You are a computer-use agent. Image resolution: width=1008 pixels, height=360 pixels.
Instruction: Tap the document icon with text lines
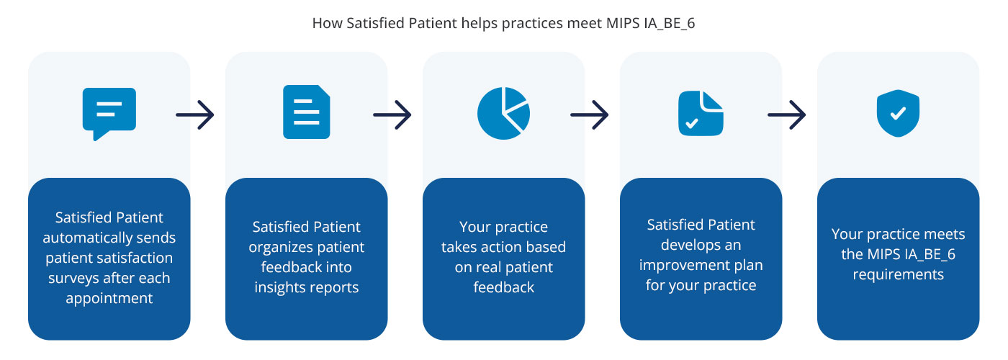click(x=306, y=112)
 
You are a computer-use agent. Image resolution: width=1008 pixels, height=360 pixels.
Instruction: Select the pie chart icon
click(x=503, y=113)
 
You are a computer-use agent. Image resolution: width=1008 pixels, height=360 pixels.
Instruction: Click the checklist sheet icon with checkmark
click(x=701, y=113)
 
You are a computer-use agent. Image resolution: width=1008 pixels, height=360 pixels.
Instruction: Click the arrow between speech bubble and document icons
click(x=195, y=114)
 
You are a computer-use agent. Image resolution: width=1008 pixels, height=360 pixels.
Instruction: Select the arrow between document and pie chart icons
click(x=392, y=114)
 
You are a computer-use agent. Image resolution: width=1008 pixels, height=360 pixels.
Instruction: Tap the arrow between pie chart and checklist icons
click(x=590, y=114)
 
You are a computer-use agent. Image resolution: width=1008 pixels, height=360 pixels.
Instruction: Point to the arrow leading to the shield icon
click(x=787, y=114)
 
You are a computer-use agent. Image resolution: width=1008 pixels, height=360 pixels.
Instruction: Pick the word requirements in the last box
click(x=898, y=275)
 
